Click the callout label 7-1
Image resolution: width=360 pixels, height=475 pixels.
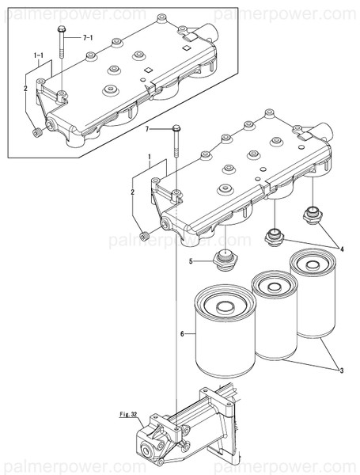(87, 37)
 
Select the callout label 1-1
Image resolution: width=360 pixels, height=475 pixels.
(39, 56)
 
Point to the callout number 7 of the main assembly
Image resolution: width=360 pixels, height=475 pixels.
(146, 129)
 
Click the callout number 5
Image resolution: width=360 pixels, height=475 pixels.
(190, 261)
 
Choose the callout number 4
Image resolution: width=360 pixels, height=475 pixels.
(342, 249)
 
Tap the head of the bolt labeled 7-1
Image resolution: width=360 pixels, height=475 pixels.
(61, 30)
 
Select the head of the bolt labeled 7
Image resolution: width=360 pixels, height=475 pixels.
(176, 130)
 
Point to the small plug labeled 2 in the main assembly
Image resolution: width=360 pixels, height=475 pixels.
(144, 237)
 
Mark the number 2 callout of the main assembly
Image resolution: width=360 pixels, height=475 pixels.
(132, 192)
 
